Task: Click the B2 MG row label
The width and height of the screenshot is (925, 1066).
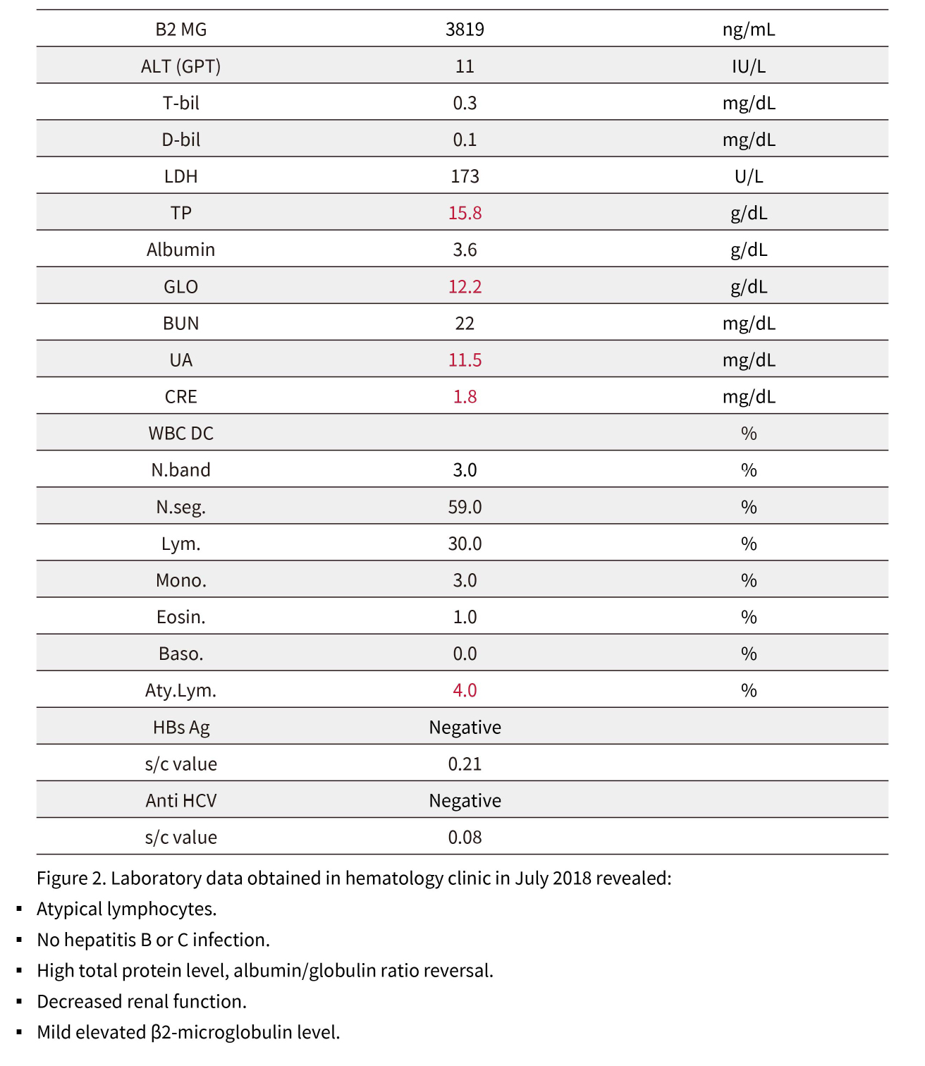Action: pyautogui.click(x=181, y=30)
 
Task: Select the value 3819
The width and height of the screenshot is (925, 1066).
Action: pyautogui.click(x=465, y=30)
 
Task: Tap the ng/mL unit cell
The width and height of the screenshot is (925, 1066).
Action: pyautogui.click(x=748, y=30)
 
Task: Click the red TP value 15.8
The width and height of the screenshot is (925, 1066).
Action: pyautogui.click(x=465, y=213)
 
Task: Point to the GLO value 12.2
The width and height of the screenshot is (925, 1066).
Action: pyautogui.click(x=465, y=287)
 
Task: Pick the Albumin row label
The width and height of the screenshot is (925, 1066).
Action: pyautogui.click(x=181, y=250)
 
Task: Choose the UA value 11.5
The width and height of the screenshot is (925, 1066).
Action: pyautogui.click(x=465, y=360)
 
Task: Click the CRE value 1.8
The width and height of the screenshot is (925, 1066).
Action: pyautogui.click(x=465, y=397)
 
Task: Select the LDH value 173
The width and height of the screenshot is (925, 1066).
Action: pyautogui.click(x=465, y=176)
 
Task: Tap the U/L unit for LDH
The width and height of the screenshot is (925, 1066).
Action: pyautogui.click(x=748, y=176)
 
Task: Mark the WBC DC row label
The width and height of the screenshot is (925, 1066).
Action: pyautogui.click(x=181, y=434)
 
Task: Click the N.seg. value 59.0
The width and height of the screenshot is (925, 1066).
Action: pyautogui.click(x=465, y=507)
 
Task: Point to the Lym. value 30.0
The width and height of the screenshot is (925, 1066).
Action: pyautogui.click(x=465, y=544)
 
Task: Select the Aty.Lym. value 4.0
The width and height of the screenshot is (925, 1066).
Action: pyautogui.click(x=465, y=690)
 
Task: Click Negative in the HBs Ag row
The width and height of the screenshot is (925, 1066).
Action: pyautogui.click(x=465, y=728)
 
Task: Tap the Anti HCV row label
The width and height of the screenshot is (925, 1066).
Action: pyautogui.click(x=181, y=801)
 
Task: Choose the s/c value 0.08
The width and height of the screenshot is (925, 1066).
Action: pyautogui.click(x=465, y=838)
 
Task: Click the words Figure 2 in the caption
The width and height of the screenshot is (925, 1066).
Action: pyautogui.click(x=71, y=878)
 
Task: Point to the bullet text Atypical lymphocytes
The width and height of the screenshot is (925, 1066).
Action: pyautogui.click(x=127, y=909)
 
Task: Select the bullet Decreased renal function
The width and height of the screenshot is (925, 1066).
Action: pyautogui.click(x=142, y=1002)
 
